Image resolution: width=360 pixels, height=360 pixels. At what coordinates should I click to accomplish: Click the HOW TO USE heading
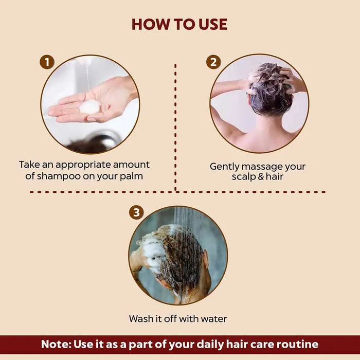point(179,24)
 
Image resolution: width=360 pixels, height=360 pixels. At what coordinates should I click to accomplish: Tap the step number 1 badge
point(47,63)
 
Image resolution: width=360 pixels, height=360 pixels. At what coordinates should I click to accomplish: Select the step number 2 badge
point(213,63)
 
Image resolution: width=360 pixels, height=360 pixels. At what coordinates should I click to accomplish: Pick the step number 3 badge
point(136,212)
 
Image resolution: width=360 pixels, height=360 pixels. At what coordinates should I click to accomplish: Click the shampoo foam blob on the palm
point(89,106)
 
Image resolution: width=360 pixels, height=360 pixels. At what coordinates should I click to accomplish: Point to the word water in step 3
point(212,319)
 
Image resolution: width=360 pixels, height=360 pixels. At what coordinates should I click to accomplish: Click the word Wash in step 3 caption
point(141,319)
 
